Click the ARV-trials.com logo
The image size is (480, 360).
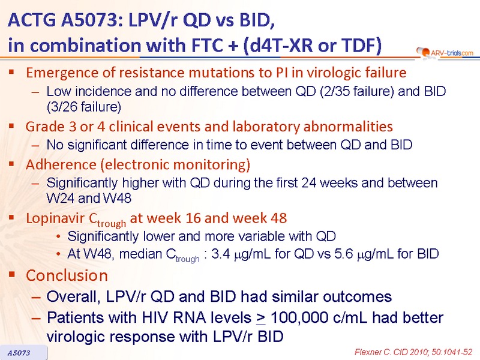[445, 53]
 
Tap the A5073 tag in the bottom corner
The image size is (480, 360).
[19, 353]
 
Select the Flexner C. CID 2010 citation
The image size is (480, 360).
[413, 352]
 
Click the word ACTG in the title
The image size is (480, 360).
[32, 20]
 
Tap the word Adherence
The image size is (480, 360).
[61, 164]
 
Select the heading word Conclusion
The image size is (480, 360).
[67, 275]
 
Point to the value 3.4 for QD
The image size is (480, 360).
[220, 254]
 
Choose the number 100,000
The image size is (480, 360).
[299, 317]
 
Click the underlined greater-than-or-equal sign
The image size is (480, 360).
[261, 319]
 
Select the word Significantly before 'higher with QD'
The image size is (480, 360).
[82, 184]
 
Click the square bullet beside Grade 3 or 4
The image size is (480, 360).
[11, 125]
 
